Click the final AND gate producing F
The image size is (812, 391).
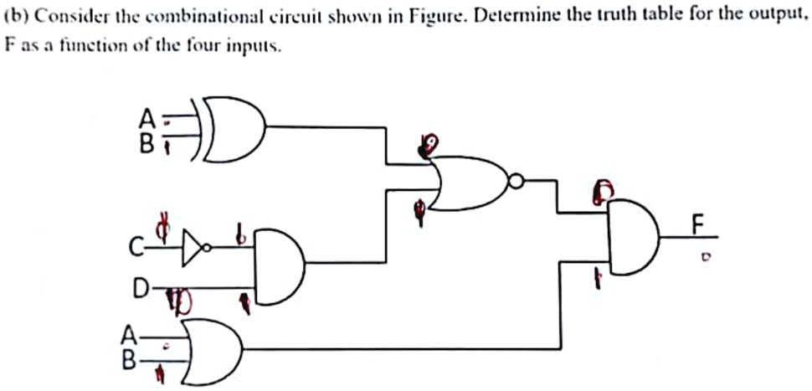pyautogui.click(x=632, y=239)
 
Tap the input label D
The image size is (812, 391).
pyautogui.click(x=140, y=290)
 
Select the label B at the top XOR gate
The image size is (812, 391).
pyautogui.click(x=146, y=144)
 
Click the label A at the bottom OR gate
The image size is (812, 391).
pyautogui.click(x=128, y=337)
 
